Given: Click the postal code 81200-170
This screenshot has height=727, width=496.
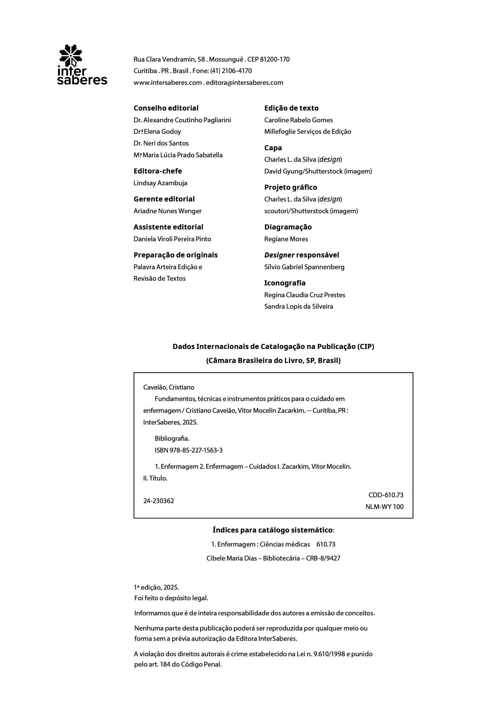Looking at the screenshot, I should pyautogui.click(x=275, y=59).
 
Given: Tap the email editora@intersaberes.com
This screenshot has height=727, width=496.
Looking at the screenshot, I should pyautogui.click(x=244, y=83).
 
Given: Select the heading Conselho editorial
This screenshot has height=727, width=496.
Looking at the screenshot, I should pyautogui.click(x=166, y=108).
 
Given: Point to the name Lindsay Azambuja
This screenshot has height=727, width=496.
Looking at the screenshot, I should pyautogui.click(x=160, y=183).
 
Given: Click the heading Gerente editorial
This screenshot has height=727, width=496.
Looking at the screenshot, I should pyautogui.click(x=164, y=199).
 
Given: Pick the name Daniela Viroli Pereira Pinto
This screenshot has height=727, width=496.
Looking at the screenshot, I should pyautogui.click(x=172, y=239).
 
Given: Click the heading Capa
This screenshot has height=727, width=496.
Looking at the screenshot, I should pyautogui.click(x=273, y=148).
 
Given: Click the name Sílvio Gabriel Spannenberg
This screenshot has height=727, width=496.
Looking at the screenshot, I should pyautogui.click(x=304, y=267).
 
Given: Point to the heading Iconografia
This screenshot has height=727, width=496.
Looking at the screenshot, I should pyautogui.click(x=285, y=283).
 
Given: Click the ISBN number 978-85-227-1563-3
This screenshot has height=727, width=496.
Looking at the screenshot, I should pyautogui.click(x=196, y=450).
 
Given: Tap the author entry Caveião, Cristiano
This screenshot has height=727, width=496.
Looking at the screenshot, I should pyautogui.click(x=169, y=387).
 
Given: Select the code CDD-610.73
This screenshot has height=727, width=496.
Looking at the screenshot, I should pyautogui.click(x=385, y=495).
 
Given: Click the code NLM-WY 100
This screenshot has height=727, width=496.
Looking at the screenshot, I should pyautogui.click(x=384, y=507).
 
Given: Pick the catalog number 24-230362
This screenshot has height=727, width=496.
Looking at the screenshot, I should pyautogui.click(x=159, y=501).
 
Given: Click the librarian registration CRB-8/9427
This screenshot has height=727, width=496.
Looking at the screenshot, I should pyautogui.click(x=323, y=558).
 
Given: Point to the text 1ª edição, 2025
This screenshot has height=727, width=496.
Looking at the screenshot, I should pyautogui.click(x=156, y=587).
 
